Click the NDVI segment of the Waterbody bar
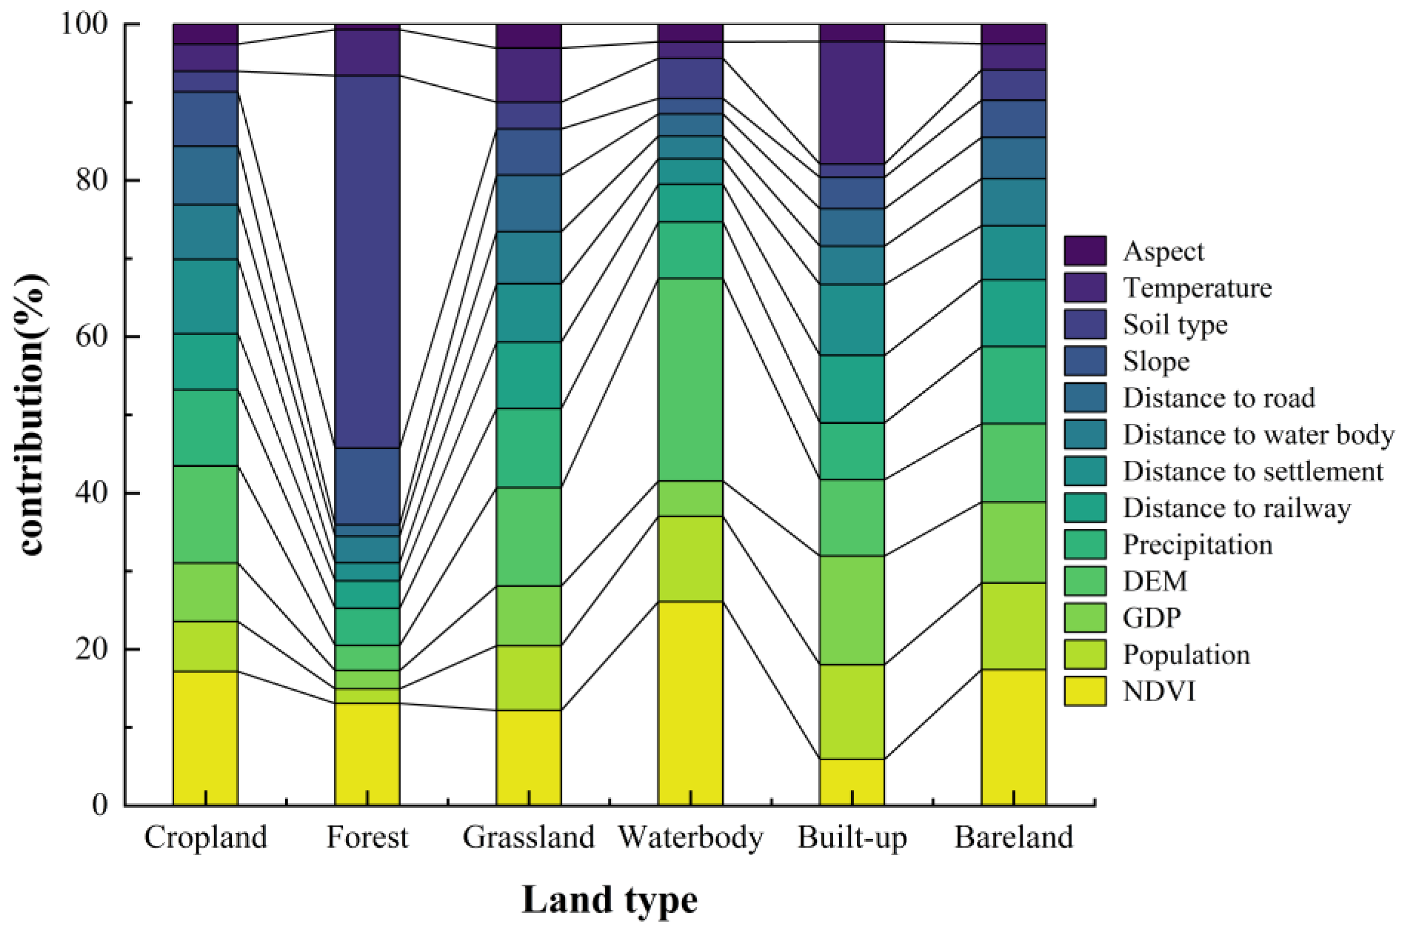click(x=690, y=703)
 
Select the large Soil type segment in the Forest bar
click(x=367, y=262)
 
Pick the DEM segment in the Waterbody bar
click(x=690, y=379)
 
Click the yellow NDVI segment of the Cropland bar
click(x=205, y=738)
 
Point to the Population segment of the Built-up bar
click(x=852, y=711)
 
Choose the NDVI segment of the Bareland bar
click(x=1014, y=737)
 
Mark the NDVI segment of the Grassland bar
click(x=529, y=757)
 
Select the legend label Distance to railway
click(x=1236, y=508)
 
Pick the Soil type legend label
click(x=1175, y=325)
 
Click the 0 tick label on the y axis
click(x=101, y=805)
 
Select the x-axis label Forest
click(x=367, y=838)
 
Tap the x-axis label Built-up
click(x=852, y=838)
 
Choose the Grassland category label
click(x=529, y=838)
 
